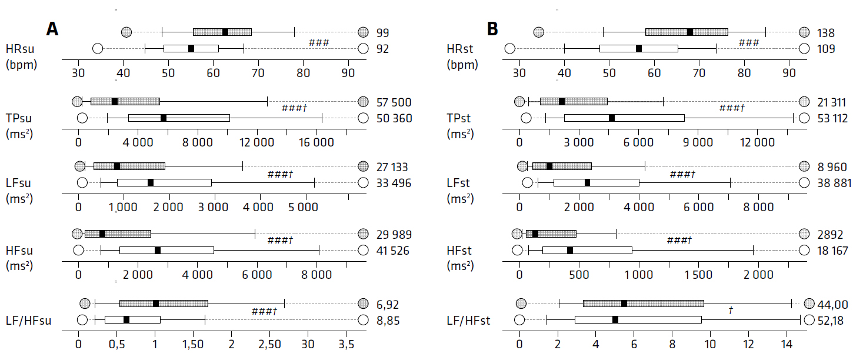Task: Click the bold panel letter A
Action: [x=52, y=29]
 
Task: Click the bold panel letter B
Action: [x=493, y=29]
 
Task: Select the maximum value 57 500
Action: [x=394, y=102]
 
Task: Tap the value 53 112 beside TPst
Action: [x=832, y=119]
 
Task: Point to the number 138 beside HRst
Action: [x=826, y=33]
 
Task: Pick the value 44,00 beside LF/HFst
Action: [x=833, y=304]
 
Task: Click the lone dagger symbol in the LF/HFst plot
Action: [x=730, y=310]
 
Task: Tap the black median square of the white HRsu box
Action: [x=191, y=48]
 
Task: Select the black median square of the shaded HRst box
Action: [x=690, y=32]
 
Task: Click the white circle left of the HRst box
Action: [x=509, y=48]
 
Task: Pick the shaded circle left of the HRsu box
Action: [x=126, y=32]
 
